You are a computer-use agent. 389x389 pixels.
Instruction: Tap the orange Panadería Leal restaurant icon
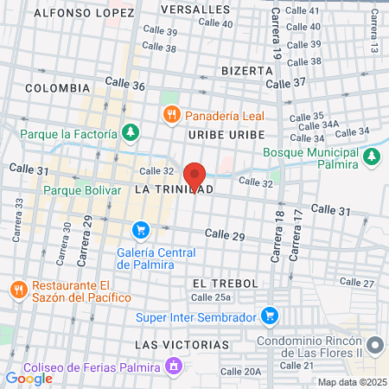172,114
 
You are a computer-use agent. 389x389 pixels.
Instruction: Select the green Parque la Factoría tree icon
130,133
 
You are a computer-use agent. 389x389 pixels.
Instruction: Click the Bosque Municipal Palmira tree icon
372,156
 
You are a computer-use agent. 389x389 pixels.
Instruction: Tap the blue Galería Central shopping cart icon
141,230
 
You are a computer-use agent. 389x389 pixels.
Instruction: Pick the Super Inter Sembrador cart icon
271,316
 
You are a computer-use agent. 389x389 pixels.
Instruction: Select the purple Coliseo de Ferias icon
174,367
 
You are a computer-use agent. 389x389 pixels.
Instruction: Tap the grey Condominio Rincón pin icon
374,346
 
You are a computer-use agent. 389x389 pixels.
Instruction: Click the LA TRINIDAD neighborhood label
174,188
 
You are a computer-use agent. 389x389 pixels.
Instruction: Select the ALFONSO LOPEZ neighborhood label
84,13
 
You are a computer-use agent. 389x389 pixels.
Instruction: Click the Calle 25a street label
211,297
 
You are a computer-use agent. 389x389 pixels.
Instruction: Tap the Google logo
29,378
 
